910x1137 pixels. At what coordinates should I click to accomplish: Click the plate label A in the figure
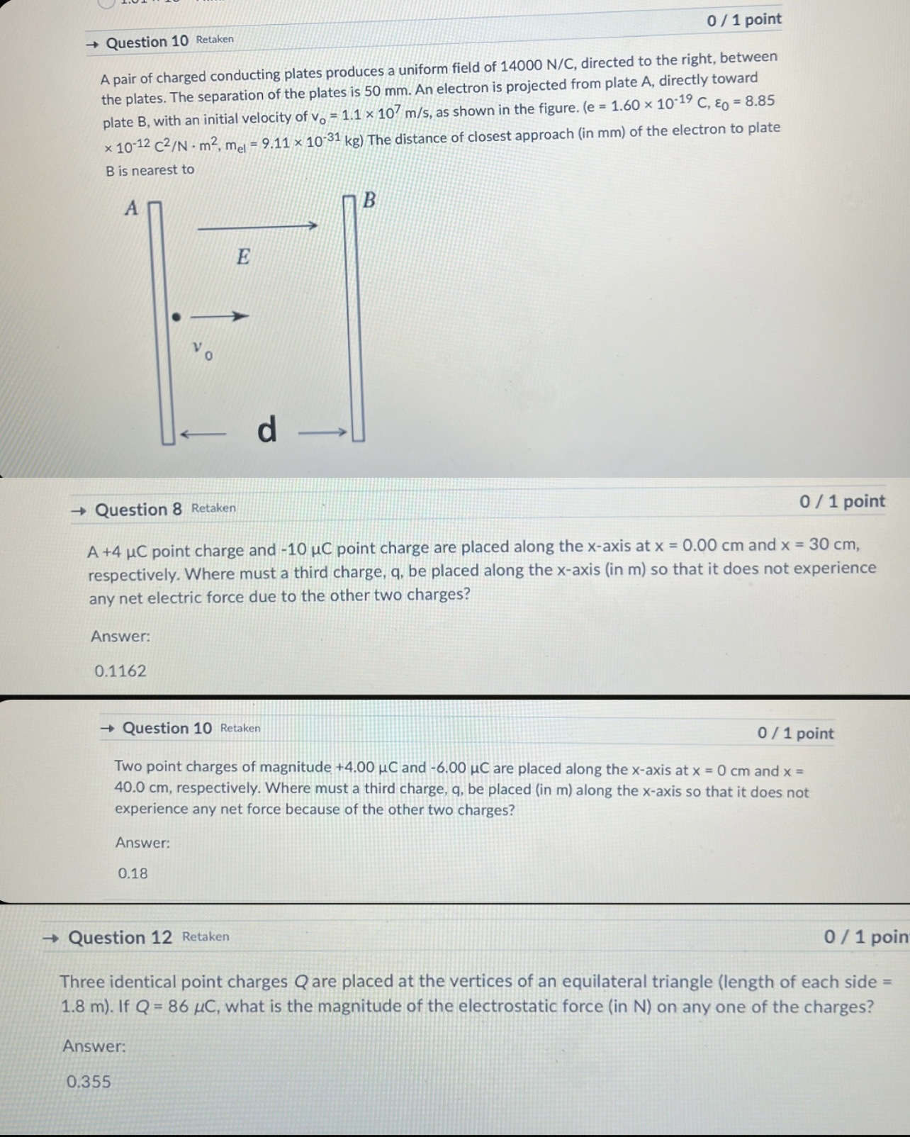[x=131, y=208]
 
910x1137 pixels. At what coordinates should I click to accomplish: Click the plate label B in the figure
[x=369, y=200]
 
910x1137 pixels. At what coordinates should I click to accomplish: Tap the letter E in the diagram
[x=243, y=256]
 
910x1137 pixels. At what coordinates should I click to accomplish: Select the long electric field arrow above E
[x=257, y=227]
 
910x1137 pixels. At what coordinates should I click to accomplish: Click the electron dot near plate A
[x=176, y=317]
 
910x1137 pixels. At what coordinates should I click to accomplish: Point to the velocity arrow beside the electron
[x=220, y=316]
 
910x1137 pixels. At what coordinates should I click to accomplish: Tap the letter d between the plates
[x=266, y=430]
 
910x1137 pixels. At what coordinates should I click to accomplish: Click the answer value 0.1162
[x=120, y=671]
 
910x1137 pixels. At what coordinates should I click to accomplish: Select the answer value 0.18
[x=133, y=873]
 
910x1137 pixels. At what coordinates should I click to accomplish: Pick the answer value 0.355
[x=89, y=1081]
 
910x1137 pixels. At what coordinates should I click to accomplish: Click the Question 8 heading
[x=138, y=510]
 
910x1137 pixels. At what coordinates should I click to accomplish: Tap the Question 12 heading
[x=120, y=938]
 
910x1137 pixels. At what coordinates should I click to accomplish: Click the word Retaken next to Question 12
[x=206, y=936]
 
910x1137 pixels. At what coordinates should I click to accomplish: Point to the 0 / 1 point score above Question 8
[x=842, y=501]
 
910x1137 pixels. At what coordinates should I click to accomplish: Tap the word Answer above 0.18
[x=142, y=843]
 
